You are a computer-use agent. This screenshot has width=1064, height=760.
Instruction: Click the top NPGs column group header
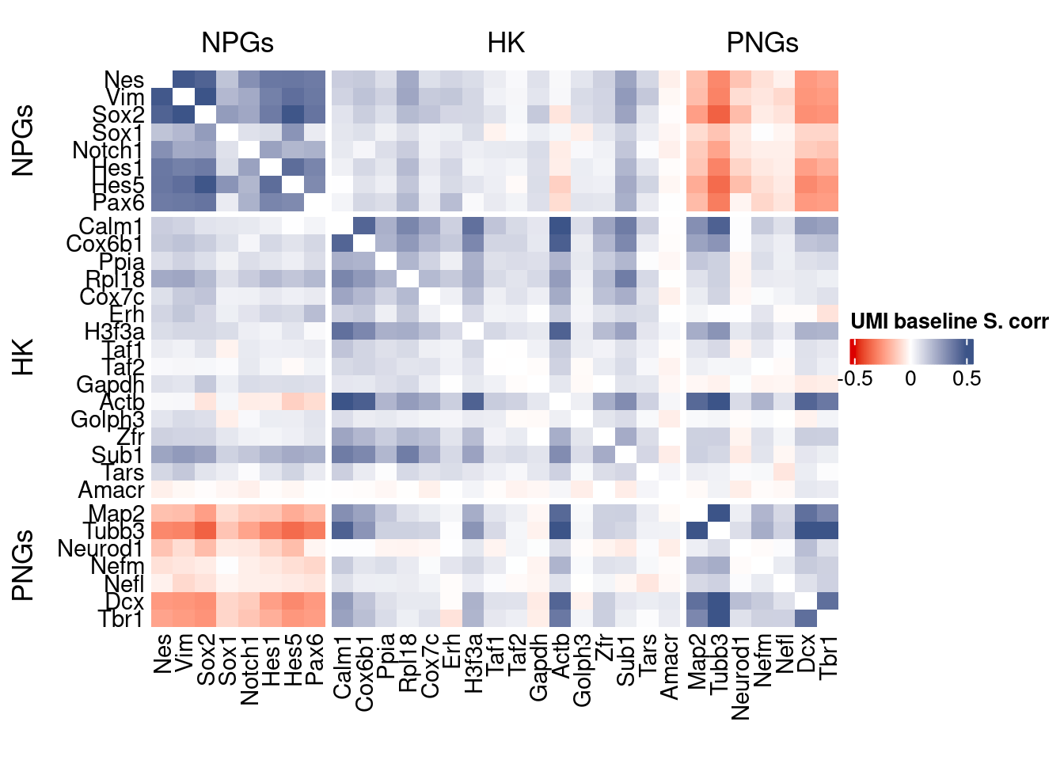click(237, 43)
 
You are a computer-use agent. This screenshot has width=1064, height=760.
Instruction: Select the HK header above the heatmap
click(506, 43)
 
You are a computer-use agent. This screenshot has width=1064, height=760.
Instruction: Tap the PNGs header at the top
click(762, 43)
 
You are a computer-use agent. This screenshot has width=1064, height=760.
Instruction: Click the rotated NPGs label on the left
click(24, 140)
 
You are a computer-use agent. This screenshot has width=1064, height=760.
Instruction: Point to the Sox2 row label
click(119, 116)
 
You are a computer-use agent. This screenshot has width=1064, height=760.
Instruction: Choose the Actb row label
click(122, 402)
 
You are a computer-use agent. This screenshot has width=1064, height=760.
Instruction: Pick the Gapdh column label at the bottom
click(539, 667)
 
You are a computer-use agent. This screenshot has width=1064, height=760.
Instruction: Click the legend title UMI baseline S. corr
click(948, 321)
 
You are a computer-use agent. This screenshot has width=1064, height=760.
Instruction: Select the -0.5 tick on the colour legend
click(855, 378)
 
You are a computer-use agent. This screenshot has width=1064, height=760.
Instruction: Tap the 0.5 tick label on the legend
click(967, 378)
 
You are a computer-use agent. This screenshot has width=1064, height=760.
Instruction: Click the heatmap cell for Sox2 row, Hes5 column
click(293, 115)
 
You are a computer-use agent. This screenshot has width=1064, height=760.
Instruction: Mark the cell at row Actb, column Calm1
click(343, 402)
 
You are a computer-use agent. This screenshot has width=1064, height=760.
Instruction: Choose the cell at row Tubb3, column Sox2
click(206, 530)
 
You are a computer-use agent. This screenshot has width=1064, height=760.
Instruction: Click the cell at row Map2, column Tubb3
click(719, 513)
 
